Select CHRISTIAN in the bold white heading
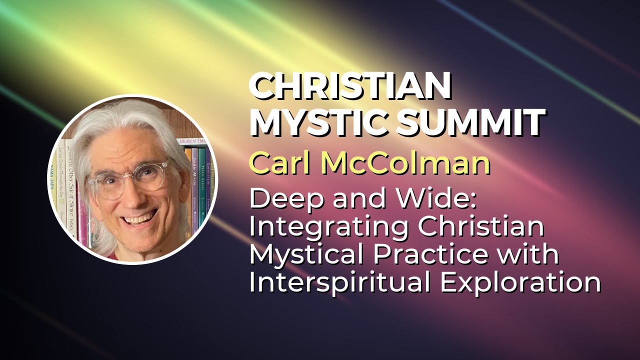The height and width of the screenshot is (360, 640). coord(350,85)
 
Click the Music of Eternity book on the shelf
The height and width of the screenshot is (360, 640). coord(192,142)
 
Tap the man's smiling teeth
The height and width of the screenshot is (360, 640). coord(140,218)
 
